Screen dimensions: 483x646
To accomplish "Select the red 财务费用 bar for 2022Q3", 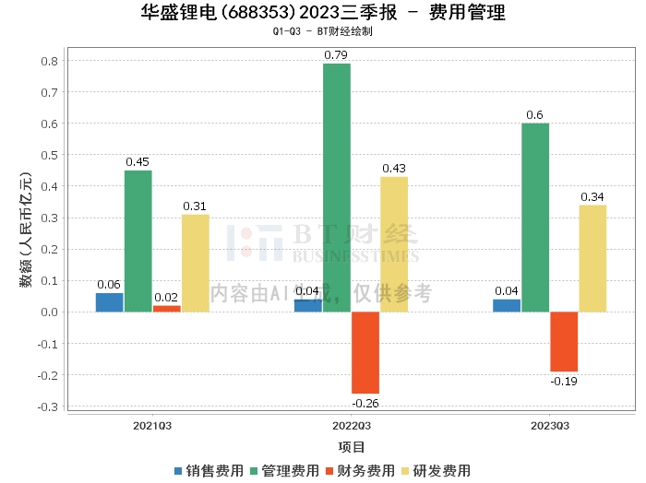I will (365, 352).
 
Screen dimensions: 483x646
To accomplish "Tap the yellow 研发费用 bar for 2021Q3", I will (195, 263).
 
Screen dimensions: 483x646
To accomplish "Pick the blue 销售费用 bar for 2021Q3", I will (109, 302).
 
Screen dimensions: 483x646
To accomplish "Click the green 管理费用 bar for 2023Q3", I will (535, 217).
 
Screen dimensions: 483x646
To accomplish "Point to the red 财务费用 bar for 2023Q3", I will (564, 341).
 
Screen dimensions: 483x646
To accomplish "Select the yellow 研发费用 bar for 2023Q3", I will (592, 258).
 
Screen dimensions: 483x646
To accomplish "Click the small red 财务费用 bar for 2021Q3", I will (167, 308).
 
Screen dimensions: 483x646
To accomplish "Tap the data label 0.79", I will (336, 55).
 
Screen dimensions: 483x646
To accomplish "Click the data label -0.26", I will (365, 402).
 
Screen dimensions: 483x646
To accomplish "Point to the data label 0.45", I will (138, 162).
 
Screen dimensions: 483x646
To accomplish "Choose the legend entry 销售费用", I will (208, 471).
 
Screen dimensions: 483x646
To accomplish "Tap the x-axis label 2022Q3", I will (351, 426).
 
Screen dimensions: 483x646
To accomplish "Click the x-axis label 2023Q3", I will (549, 426).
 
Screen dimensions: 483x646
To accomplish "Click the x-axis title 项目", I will (351, 447).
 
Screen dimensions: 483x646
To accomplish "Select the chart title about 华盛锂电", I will (323, 13).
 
